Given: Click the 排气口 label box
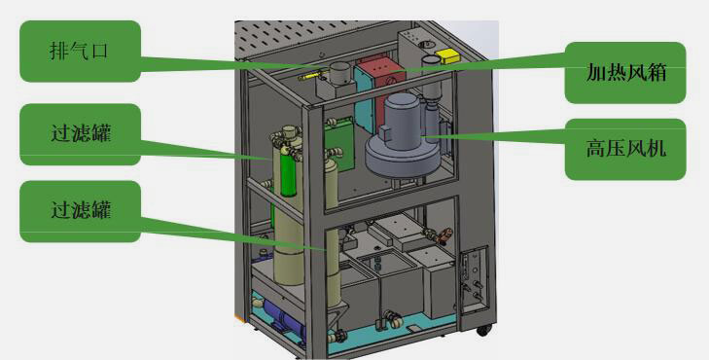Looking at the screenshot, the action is [x=80, y=52].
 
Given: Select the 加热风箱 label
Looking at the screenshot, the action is [x=625, y=72].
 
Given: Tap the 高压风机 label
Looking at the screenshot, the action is [x=625, y=149].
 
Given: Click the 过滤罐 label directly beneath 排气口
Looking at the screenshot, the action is [x=80, y=134].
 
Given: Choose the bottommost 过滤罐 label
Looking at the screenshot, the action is [x=80, y=211].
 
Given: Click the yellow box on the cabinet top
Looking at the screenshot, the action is [x=447, y=56].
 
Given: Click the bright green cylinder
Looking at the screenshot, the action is [x=288, y=169].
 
